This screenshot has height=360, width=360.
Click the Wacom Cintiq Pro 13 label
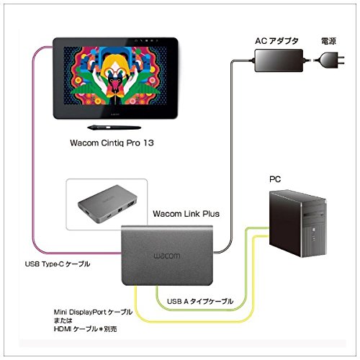pos(112,143)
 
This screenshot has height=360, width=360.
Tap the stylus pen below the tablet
pos(114,127)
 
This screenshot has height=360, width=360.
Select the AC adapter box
pos(279,60)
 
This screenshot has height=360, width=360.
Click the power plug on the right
pos(333,60)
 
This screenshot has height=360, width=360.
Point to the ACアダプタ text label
pos(276,41)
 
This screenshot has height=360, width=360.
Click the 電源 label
pos(328,41)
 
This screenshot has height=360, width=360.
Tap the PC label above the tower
pos(275,179)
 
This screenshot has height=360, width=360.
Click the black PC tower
pos(297,223)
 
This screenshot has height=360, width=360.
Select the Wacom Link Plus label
pos(186,214)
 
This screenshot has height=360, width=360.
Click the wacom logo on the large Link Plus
pos(167,256)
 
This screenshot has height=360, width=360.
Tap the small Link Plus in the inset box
pos(107,204)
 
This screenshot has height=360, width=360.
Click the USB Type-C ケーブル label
pos(58,264)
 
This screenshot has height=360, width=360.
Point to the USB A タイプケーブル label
pos(200,301)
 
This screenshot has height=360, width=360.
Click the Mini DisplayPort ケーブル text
pos(93,312)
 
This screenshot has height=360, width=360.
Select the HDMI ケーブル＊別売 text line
pos(86,329)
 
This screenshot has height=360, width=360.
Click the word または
pos(63,320)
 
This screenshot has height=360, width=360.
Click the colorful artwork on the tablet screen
pos(115,76)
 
